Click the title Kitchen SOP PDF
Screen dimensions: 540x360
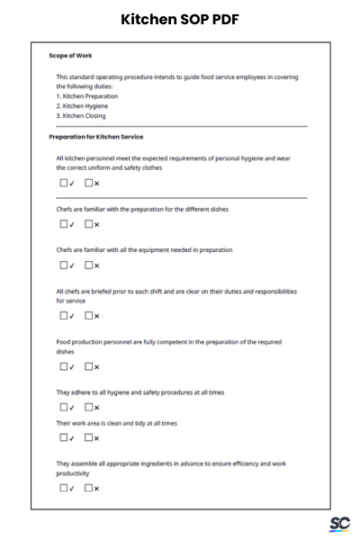point(180,19)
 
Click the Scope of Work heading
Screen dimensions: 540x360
point(70,56)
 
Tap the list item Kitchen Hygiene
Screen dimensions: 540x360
point(85,106)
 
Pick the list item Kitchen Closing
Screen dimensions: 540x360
point(84,116)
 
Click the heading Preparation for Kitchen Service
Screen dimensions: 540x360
point(95,137)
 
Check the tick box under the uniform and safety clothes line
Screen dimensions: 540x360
point(64,184)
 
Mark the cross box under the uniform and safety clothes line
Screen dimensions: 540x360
point(88,184)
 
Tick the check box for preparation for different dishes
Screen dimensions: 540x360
point(64,224)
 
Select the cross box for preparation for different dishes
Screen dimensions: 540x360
point(88,224)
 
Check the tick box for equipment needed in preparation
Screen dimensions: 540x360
point(64,265)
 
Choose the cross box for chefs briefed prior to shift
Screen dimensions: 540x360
point(88,315)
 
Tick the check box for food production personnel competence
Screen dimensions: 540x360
point(64,366)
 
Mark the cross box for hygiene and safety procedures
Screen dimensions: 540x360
point(88,407)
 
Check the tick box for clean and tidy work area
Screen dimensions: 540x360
point(64,437)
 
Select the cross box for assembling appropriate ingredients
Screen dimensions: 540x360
point(88,488)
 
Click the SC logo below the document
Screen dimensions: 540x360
point(339,524)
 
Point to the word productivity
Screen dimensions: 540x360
point(73,473)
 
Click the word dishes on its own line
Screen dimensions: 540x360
point(66,352)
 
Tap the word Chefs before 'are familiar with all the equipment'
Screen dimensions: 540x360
point(64,249)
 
